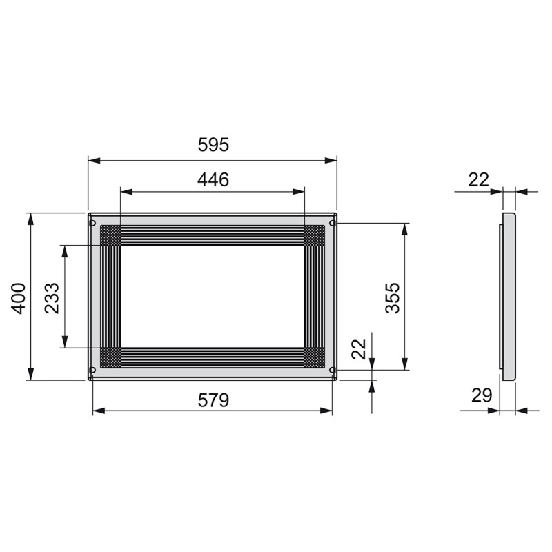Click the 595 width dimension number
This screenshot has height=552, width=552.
(x=213, y=146)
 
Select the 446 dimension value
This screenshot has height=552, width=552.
(x=213, y=180)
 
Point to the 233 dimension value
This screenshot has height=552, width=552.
(x=52, y=297)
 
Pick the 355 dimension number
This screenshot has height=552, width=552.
(x=392, y=297)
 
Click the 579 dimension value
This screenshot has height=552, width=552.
(x=213, y=400)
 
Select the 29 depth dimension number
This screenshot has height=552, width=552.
(x=482, y=395)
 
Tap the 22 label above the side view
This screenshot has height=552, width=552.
(x=478, y=179)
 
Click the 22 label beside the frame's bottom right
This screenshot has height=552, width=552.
(x=359, y=349)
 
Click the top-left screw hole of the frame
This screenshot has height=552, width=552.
(x=92, y=223)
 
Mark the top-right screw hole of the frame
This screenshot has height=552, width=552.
(x=333, y=223)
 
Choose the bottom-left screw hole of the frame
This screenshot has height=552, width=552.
(x=92, y=371)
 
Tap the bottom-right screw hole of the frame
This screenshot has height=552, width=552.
(x=333, y=371)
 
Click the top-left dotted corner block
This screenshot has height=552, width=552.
(x=110, y=235)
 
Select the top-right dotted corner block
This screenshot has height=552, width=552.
(x=315, y=235)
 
